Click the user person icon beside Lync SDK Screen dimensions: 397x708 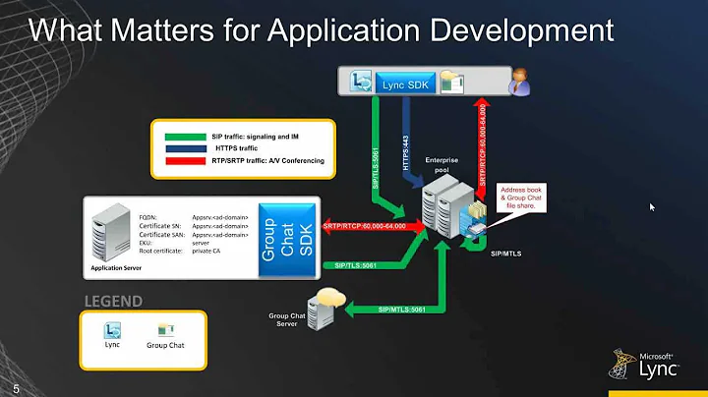(518, 84)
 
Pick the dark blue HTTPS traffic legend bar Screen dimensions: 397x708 (180, 146)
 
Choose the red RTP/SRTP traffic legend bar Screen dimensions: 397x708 (180, 160)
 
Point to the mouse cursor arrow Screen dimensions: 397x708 (651, 207)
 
